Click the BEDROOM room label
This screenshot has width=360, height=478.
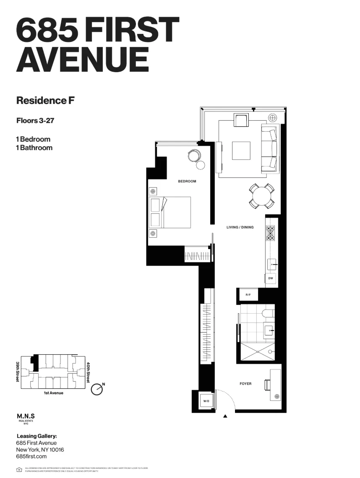tap(187, 182)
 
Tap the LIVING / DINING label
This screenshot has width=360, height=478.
tap(240, 227)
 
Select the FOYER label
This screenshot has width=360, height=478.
tap(245, 384)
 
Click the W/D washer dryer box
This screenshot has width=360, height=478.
tap(206, 401)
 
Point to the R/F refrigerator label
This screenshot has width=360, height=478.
tap(248, 295)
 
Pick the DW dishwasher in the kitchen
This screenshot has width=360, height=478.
tap(271, 278)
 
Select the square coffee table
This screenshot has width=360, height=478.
tap(241, 151)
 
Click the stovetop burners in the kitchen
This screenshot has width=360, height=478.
tap(271, 234)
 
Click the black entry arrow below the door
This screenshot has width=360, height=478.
tap(225, 416)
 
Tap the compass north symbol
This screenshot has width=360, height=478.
tap(97, 389)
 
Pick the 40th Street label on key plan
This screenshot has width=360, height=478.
tap(88, 372)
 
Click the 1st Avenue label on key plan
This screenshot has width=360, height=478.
tap(53, 393)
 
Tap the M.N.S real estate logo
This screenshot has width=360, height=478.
tap(26, 417)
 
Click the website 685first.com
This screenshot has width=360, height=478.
tap(31, 456)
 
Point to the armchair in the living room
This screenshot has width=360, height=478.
tap(241, 121)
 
